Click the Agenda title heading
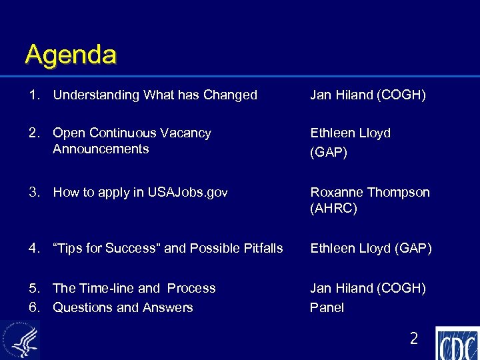click(71, 55)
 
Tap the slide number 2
click(413, 339)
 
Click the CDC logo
click(458, 344)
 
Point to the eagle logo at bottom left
click(19, 340)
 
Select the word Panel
click(327, 307)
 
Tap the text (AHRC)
click(333, 209)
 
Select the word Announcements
click(101, 149)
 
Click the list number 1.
click(33, 95)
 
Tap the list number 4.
click(33, 249)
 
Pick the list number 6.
click(33, 307)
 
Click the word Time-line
click(107, 288)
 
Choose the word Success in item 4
click(129, 249)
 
